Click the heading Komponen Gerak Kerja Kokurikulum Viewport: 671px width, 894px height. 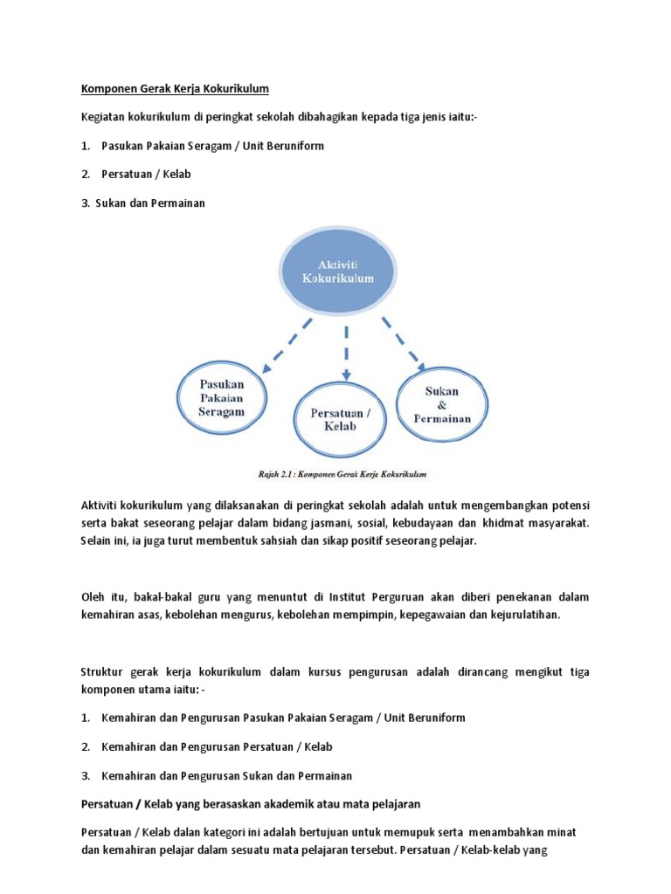click(x=175, y=88)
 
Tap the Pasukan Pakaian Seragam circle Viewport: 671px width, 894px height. click(x=222, y=397)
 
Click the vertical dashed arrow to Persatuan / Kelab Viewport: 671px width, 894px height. click(x=347, y=351)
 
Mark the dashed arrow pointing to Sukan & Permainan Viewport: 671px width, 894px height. click(x=402, y=341)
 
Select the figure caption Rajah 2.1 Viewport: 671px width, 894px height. click(x=348, y=474)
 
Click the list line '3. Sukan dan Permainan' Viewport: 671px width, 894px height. click(x=144, y=203)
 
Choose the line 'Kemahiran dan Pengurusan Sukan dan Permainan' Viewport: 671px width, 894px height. click(x=226, y=775)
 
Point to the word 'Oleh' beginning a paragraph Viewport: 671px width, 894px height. click(x=93, y=597)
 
